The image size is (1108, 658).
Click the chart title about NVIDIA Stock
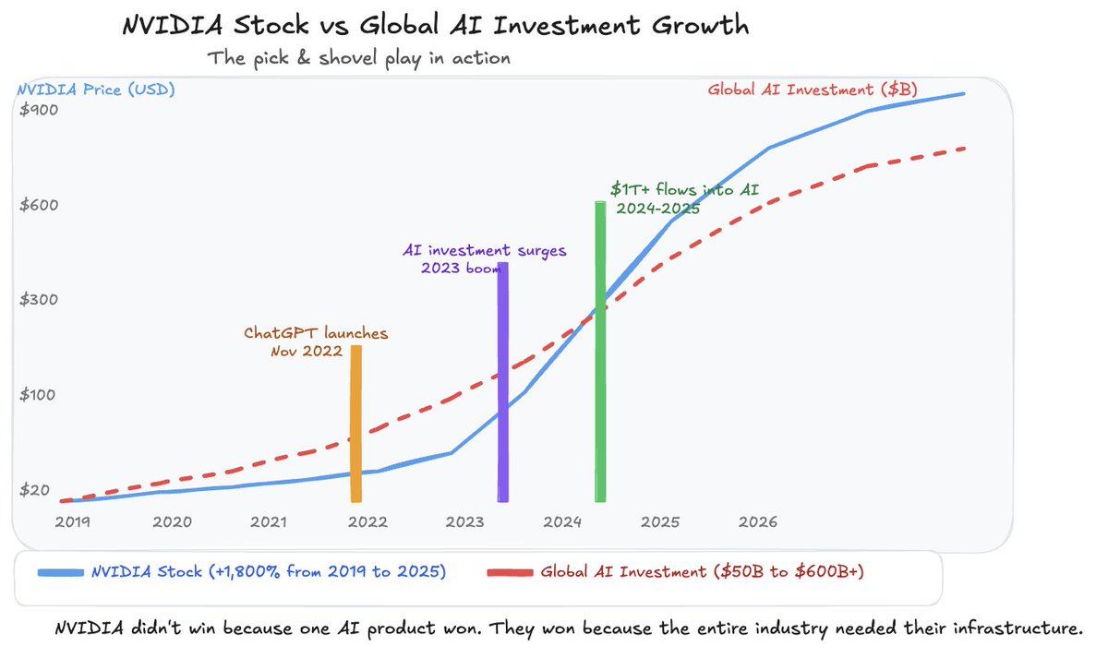(436, 27)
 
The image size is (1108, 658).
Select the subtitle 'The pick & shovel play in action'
(359, 58)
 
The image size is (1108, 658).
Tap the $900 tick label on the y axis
(40, 110)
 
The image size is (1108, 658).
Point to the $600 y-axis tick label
(40, 205)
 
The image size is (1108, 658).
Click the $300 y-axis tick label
(40, 300)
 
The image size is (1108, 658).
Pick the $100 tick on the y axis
(40, 395)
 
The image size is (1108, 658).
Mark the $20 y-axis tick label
(36, 490)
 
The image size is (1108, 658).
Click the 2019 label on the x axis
(73, 522)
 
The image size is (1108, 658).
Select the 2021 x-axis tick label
(269, 522)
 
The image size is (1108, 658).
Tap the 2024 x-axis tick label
(562, 522)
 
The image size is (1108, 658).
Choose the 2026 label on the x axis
(758, 522)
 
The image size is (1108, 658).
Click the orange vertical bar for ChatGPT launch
(355, 424)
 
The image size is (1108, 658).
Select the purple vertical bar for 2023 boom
(502, 382)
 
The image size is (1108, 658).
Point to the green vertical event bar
(600, 352)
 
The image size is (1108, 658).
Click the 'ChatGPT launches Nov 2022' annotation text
(316, 341)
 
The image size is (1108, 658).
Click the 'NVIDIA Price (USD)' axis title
(94, 90)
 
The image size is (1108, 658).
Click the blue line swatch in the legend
(60, 572)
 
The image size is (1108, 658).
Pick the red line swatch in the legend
(509, 572)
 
